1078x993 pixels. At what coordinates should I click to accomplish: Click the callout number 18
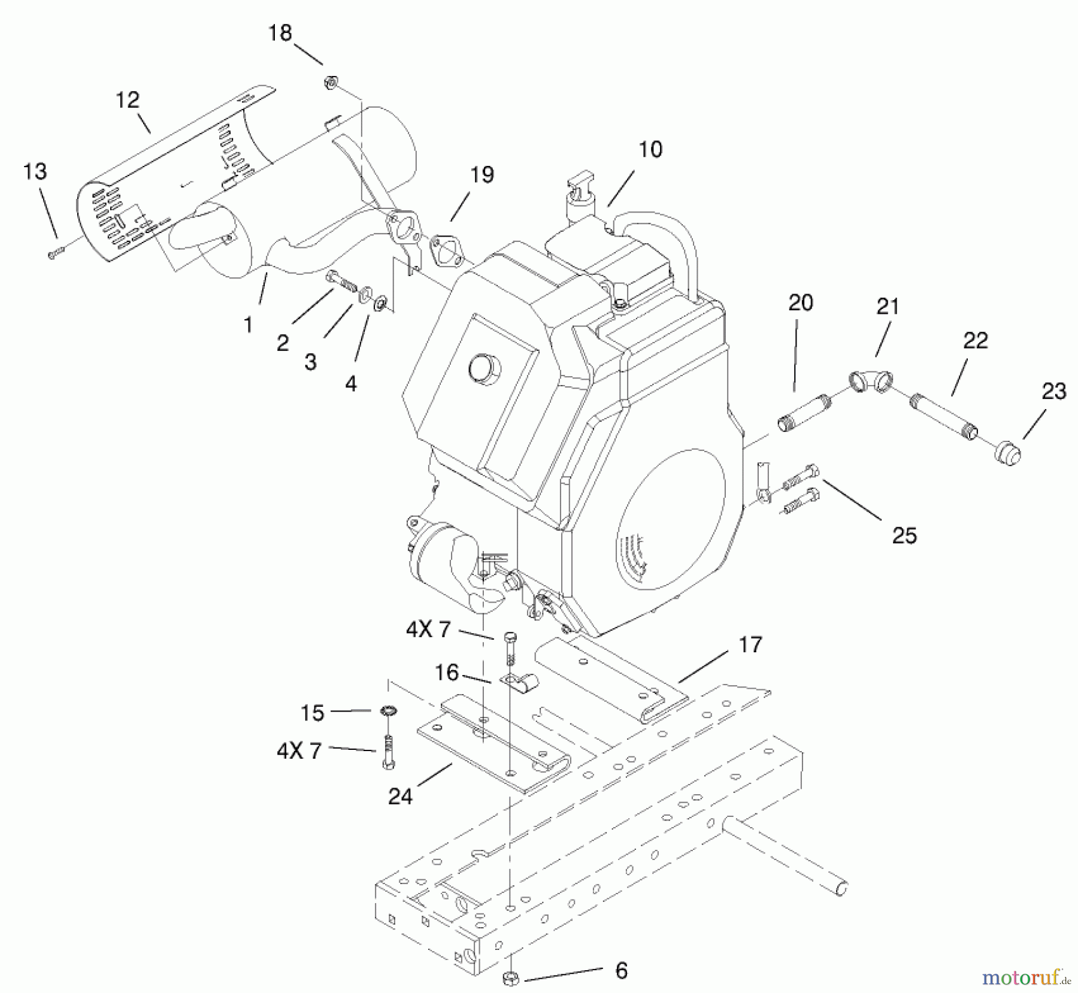[280, 32]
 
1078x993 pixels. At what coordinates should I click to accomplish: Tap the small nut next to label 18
[330, 83]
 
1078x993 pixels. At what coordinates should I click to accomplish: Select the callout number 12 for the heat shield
[128, 99]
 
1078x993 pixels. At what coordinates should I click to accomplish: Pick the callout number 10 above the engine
[650, 149]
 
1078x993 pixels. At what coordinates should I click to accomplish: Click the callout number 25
[904, 535]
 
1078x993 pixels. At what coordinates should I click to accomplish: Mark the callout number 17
[750, 644]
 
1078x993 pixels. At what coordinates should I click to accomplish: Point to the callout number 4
[351, 383]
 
